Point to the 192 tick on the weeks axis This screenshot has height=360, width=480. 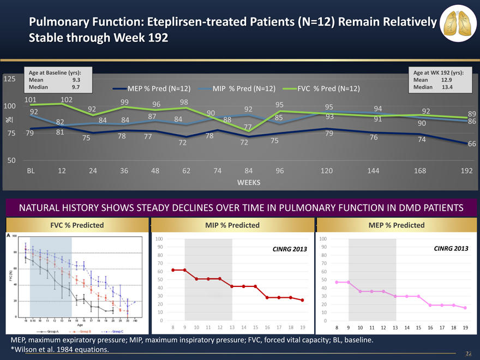(x=466, y=171)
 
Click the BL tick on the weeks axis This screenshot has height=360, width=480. (x=31, y=171)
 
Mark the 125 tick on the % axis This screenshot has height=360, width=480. (x=8, y=79)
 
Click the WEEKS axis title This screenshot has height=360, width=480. (x=248, y=182)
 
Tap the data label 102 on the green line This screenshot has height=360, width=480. (x=67, y=100)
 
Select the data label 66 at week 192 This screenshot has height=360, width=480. (x=472, y=143)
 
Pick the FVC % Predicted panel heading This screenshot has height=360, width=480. (x=77, y=225)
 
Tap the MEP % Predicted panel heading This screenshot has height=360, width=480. (x=397, y=225)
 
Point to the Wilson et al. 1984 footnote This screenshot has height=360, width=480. (x=60, y=350)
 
